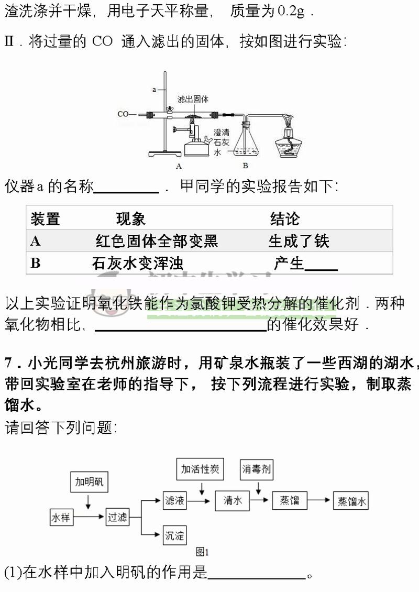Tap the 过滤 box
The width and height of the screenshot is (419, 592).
pyautogui.click(x=117, y=518)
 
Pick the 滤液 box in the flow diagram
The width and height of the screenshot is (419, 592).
pyautogui.click(x=174, y=501)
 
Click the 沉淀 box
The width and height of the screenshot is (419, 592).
pyautogui.click(x=174, y=535)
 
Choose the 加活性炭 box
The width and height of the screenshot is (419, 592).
pyautogui.click(x=200, y=469)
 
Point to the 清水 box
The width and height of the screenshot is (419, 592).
pyautogui.click(x=233, y=501)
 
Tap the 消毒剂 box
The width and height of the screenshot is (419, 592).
pyautogui.click(x=257, y=469)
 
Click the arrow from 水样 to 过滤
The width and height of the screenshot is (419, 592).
pyautogui.click(x=89, y=518)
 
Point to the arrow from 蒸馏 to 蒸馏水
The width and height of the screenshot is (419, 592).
pyautogui.click(x=319, y=501)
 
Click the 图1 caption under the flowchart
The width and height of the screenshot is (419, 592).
pyautogui.click(x=202, y=552)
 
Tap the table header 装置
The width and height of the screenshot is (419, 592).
pyautogui.click(x=45, y=218)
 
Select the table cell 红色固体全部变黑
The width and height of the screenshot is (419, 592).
pyautogui.click(x=157, y=241)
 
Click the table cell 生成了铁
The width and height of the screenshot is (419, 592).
pyautogui.click(x=299, y=241)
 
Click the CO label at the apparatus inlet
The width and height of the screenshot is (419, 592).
pyautogui.click(x=123, y=114)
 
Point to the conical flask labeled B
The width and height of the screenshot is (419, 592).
pyautogui.click(x=245, y=144)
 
